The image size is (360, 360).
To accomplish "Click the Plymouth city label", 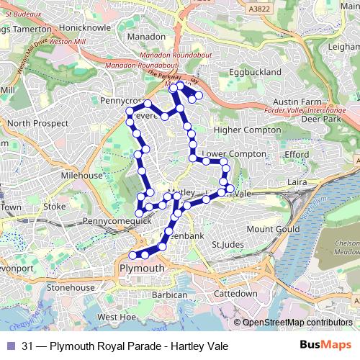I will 142,269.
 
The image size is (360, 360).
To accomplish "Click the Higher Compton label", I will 247,130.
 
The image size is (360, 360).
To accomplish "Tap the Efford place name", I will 297,154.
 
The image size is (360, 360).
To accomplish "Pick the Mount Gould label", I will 272,229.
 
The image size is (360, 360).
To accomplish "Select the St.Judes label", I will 227,245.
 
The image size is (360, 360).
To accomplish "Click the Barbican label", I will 170,294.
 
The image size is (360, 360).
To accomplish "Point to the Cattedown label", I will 235,294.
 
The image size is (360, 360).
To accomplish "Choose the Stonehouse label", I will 71,287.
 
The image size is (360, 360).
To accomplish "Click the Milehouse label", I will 81,175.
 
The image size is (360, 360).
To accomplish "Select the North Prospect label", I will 37,123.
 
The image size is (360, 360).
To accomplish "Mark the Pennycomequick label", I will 117,221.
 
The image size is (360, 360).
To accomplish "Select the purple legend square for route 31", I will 10,346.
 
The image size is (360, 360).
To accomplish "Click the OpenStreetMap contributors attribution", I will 297,323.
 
